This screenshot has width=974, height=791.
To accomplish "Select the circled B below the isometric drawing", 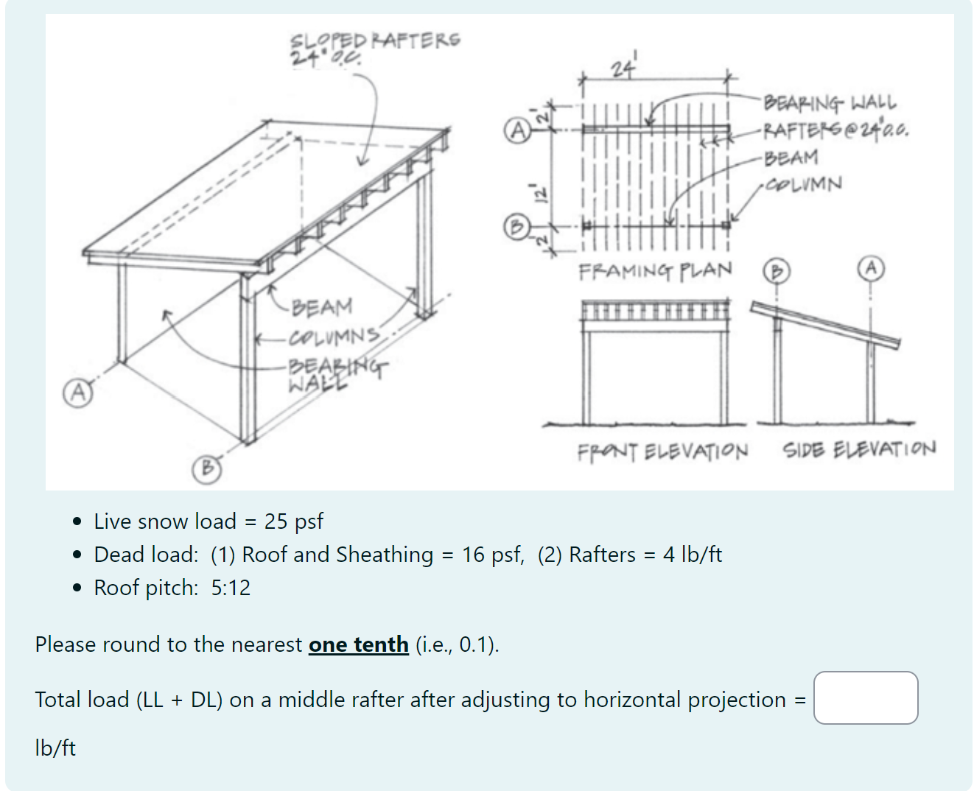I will [207, 468].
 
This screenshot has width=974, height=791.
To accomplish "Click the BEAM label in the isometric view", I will [322, 306].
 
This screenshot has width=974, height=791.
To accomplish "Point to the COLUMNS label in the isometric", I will [334, 337].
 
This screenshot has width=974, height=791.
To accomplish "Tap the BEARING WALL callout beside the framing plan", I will [830, 102].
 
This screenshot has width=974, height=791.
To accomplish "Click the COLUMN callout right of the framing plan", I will [803, 183].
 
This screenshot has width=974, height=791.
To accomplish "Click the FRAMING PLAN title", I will [655, 271].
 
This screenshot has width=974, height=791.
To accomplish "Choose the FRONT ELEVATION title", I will [662, 451].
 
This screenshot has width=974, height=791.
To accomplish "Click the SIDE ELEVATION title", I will [859, 449].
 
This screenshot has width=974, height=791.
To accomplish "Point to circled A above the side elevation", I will [871, 268].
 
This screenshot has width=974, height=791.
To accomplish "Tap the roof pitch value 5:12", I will [231, 588].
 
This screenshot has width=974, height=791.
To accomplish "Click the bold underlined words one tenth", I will [358, 644].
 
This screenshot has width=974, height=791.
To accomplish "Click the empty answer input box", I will [866, 697].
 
